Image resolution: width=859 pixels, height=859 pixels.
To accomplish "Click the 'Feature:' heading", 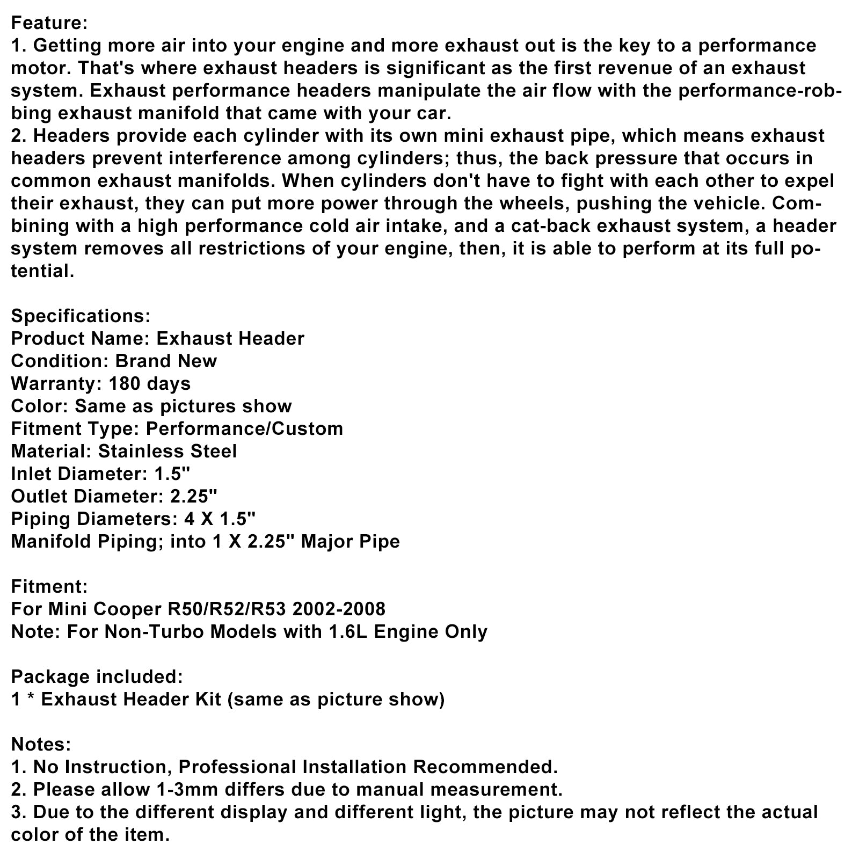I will click(49, 23).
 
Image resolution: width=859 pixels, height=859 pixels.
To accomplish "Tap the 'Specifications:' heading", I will click(81, 316).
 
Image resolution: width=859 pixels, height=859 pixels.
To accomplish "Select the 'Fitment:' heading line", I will click(49, 586).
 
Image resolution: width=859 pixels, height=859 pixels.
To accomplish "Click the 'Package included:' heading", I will click(97, 676).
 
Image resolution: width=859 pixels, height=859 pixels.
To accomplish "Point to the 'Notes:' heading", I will click(41, 744).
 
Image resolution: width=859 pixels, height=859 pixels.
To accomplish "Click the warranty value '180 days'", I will click(149, 383).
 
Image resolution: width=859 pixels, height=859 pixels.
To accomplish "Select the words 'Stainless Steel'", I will click(167, 451).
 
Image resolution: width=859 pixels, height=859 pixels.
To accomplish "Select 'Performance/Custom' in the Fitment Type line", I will click(244, 428).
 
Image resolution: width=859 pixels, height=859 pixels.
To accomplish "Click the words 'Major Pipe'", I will click(350, 541).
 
